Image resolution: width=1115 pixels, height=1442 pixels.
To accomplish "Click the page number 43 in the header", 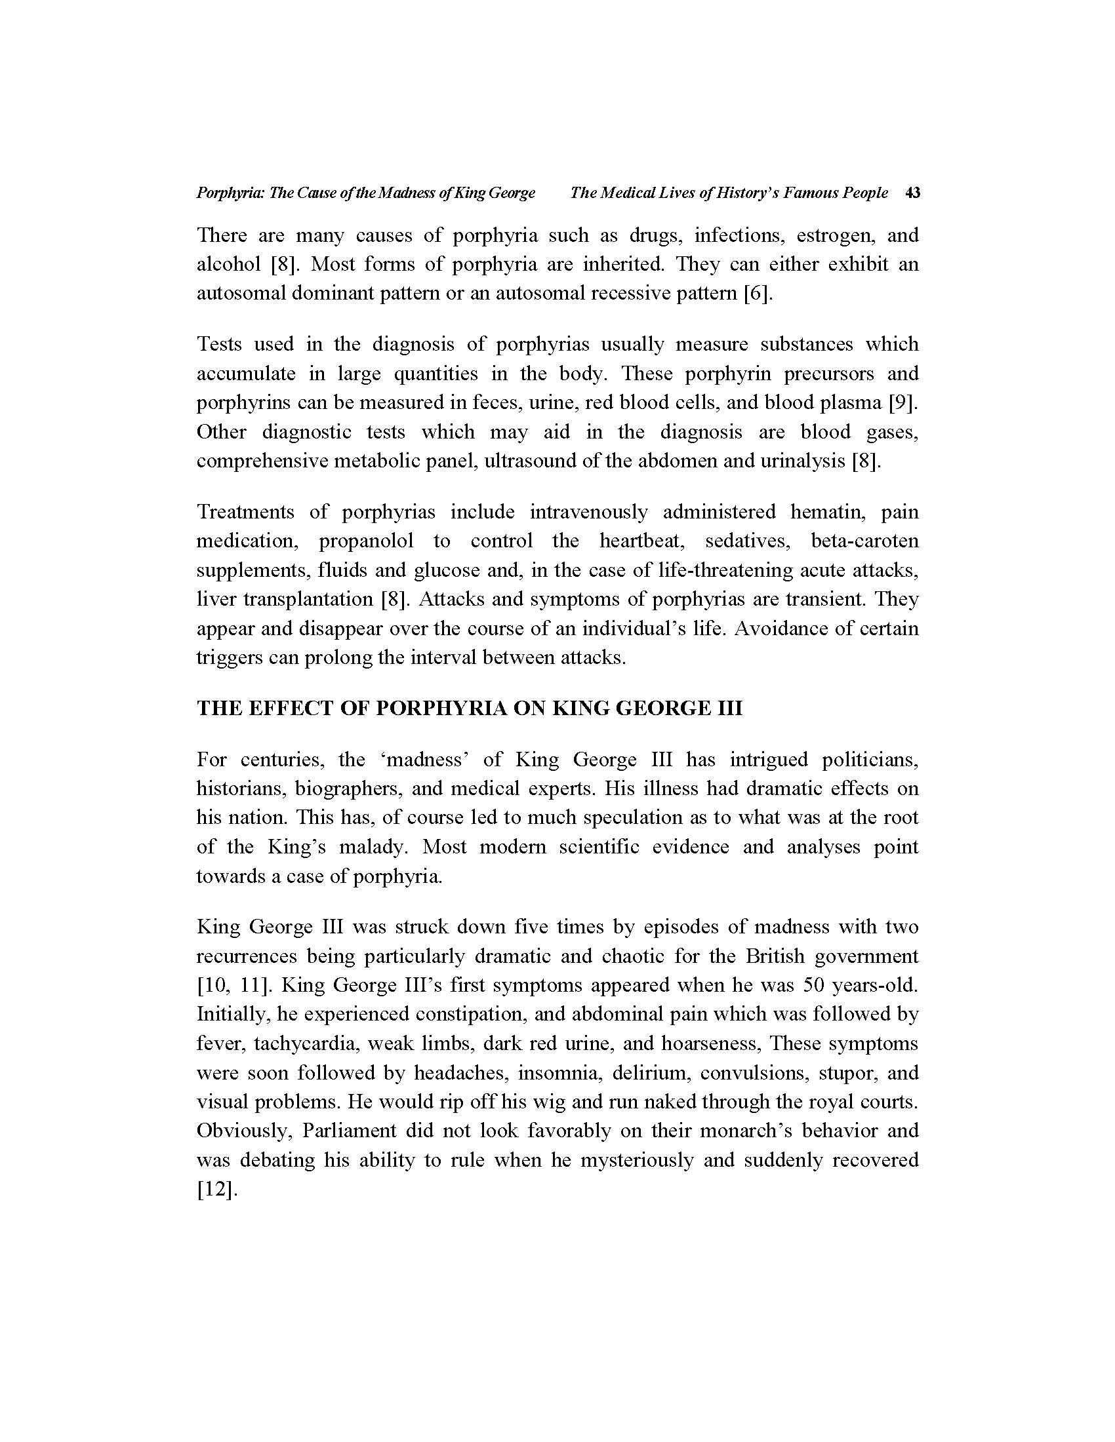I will [x=913, y=193].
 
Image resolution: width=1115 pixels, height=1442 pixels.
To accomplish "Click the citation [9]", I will [x=903, y=402].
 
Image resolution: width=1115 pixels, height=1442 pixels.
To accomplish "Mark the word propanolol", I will [x=366, y=541].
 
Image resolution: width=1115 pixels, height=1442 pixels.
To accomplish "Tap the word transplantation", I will [x=309, y=600].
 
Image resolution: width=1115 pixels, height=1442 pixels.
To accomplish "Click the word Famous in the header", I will [x=810, y=193].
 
